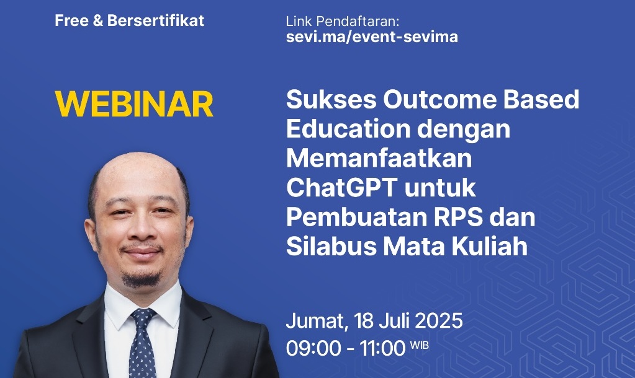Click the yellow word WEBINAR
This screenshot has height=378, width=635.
coord(134,104)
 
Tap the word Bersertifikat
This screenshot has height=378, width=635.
coord(156,20)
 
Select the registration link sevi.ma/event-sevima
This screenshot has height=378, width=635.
coord(372,37)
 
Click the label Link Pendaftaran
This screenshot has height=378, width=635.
coord(342,21)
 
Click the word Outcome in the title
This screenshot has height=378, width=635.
coord(440,99)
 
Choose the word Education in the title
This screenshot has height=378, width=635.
coord(348,128)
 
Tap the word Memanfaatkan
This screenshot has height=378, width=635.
coord(379,158)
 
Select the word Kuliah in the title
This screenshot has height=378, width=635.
coord(490,246)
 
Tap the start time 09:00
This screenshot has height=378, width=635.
coord(313,348)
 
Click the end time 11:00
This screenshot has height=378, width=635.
coord(382,348)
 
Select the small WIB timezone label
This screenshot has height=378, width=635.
coord(419,345)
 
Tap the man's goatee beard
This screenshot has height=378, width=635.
coord(141,279)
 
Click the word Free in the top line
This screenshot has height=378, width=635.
coord(71,20)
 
